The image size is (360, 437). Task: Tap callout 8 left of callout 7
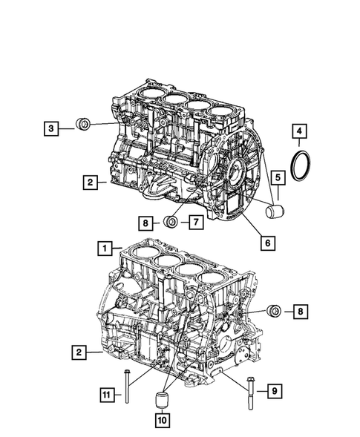(145, 221)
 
